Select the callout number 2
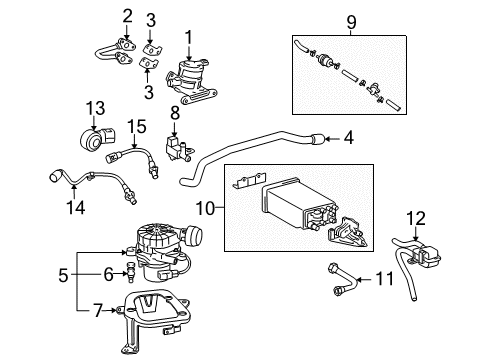coord(127,14)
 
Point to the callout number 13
coord(93,108)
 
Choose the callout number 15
coord(130,127)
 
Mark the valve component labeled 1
coord(191,77)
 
